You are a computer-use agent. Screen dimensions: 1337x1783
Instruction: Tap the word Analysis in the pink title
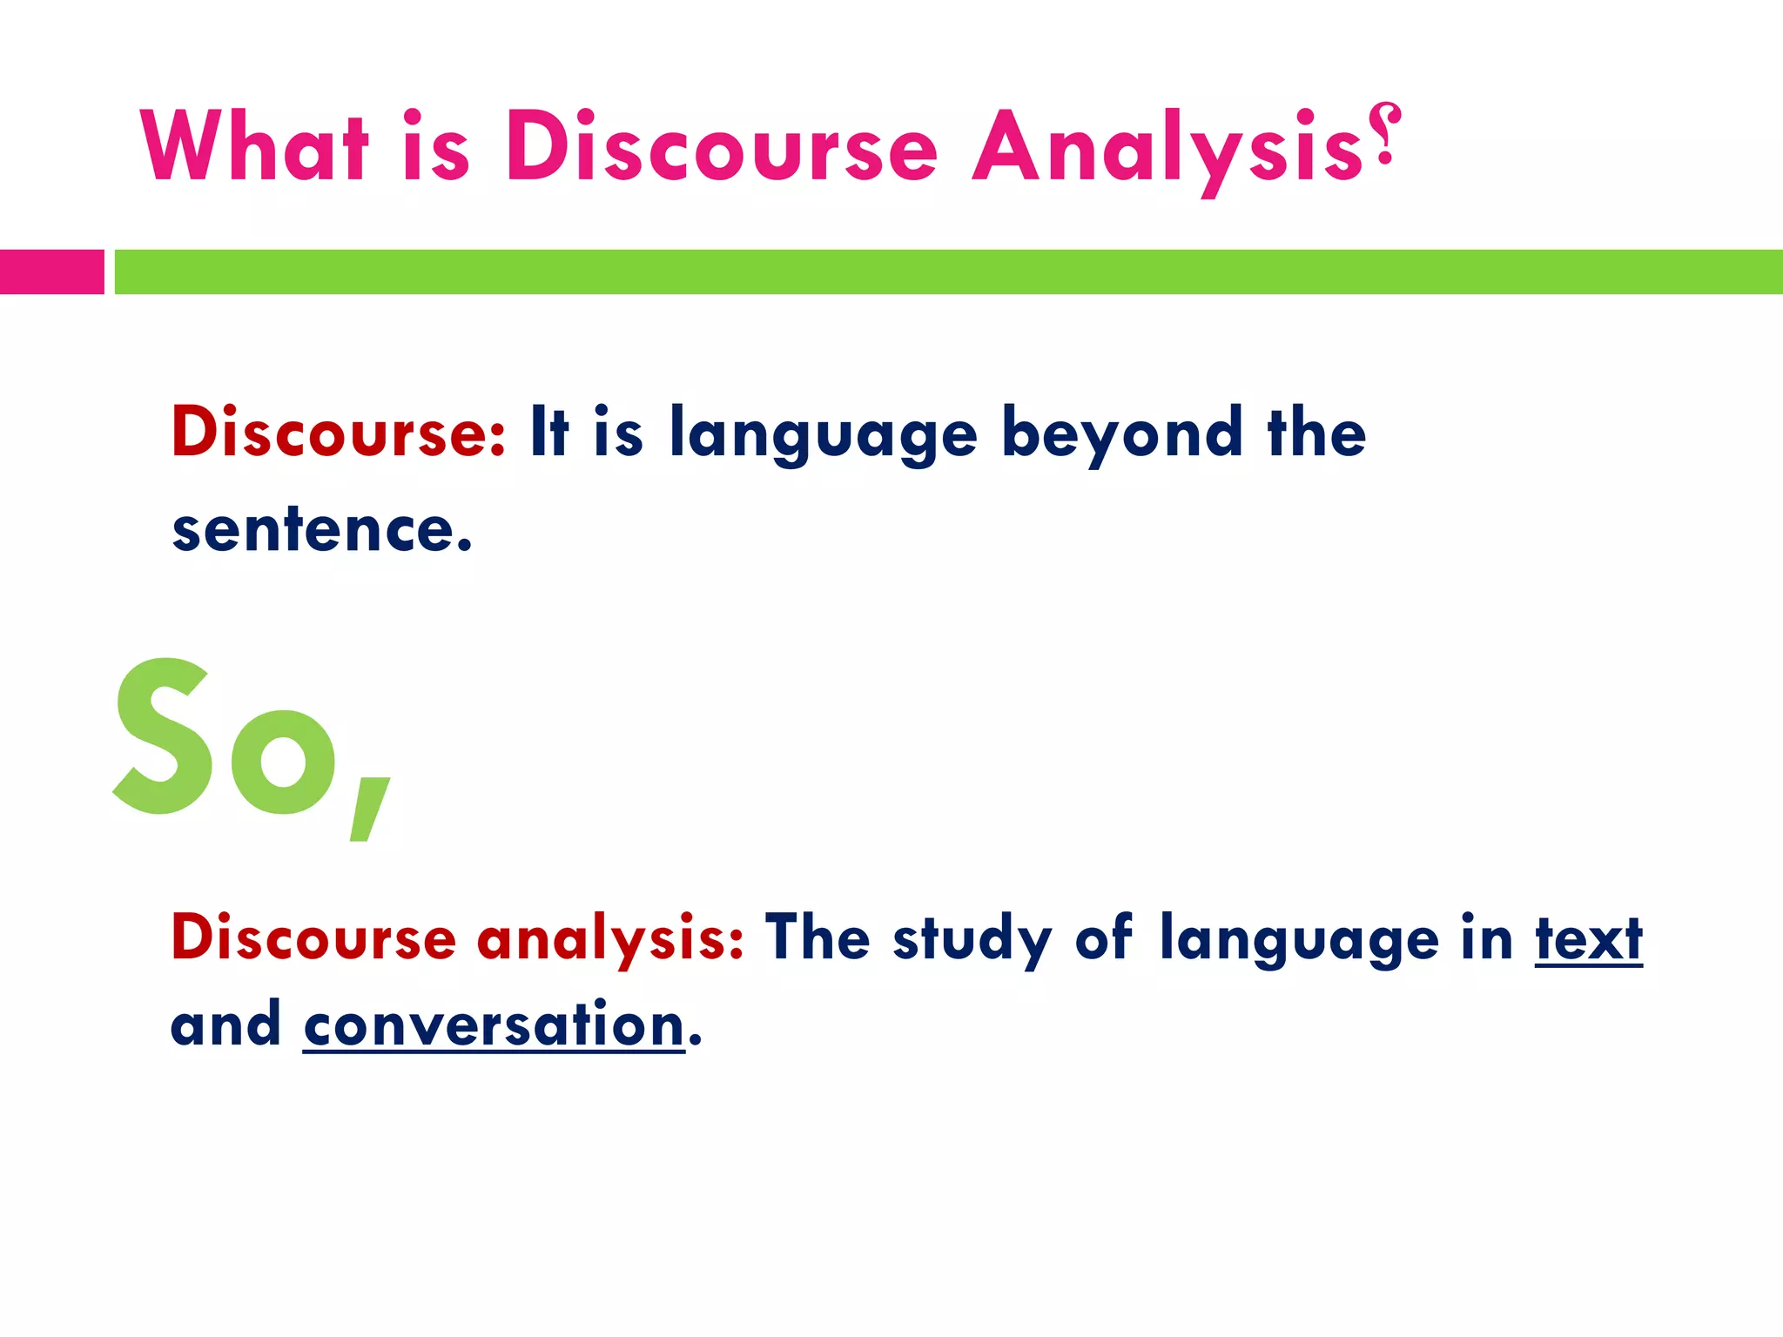click(1167, 148)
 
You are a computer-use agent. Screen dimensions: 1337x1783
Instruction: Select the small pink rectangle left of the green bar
click(51, 272)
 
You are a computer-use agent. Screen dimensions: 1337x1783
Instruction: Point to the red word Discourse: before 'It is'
click(338, 432)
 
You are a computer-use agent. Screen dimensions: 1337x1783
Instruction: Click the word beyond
click(1121, 433)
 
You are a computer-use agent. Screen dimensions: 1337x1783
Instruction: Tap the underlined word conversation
click(494, 1025)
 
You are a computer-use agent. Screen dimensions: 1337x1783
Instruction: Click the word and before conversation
click(225, 1025)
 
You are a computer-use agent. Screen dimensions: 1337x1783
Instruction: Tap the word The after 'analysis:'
click(817, 938)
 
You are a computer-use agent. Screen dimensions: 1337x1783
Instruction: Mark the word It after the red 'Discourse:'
click(549, 432)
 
